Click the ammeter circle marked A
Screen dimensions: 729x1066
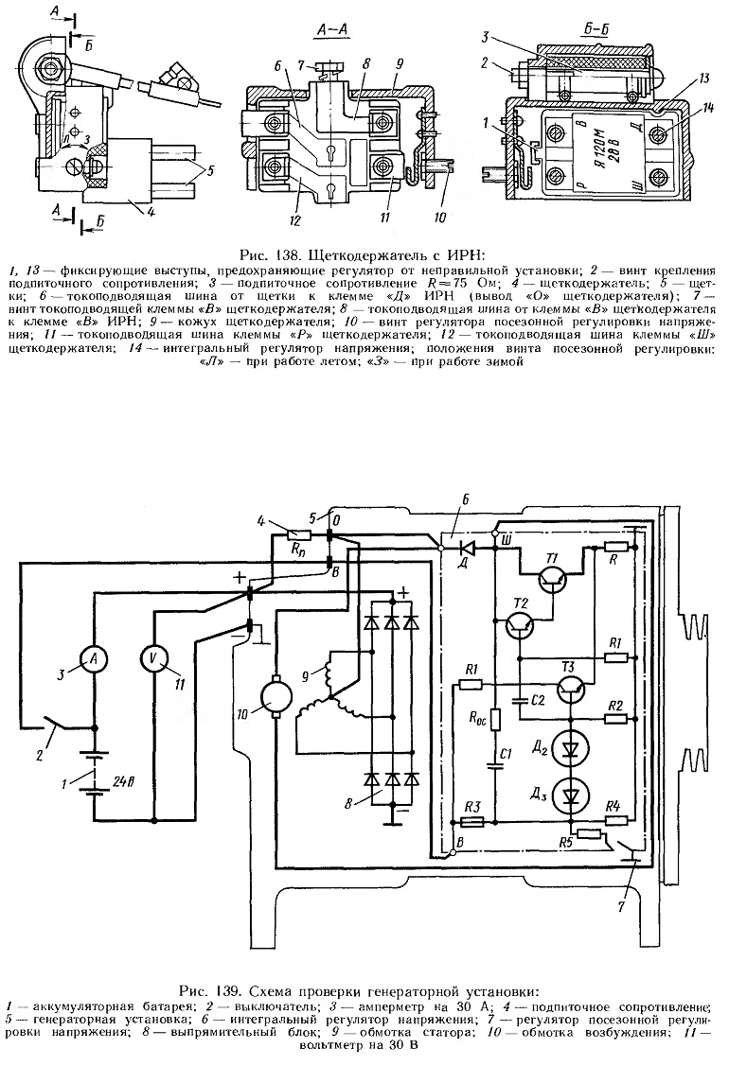(x=93, y=658)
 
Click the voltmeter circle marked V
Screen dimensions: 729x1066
(x=154, y=658)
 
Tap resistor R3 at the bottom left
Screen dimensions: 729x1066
(x=472, y=822)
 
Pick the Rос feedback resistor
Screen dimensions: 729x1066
(x=495, y=720)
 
